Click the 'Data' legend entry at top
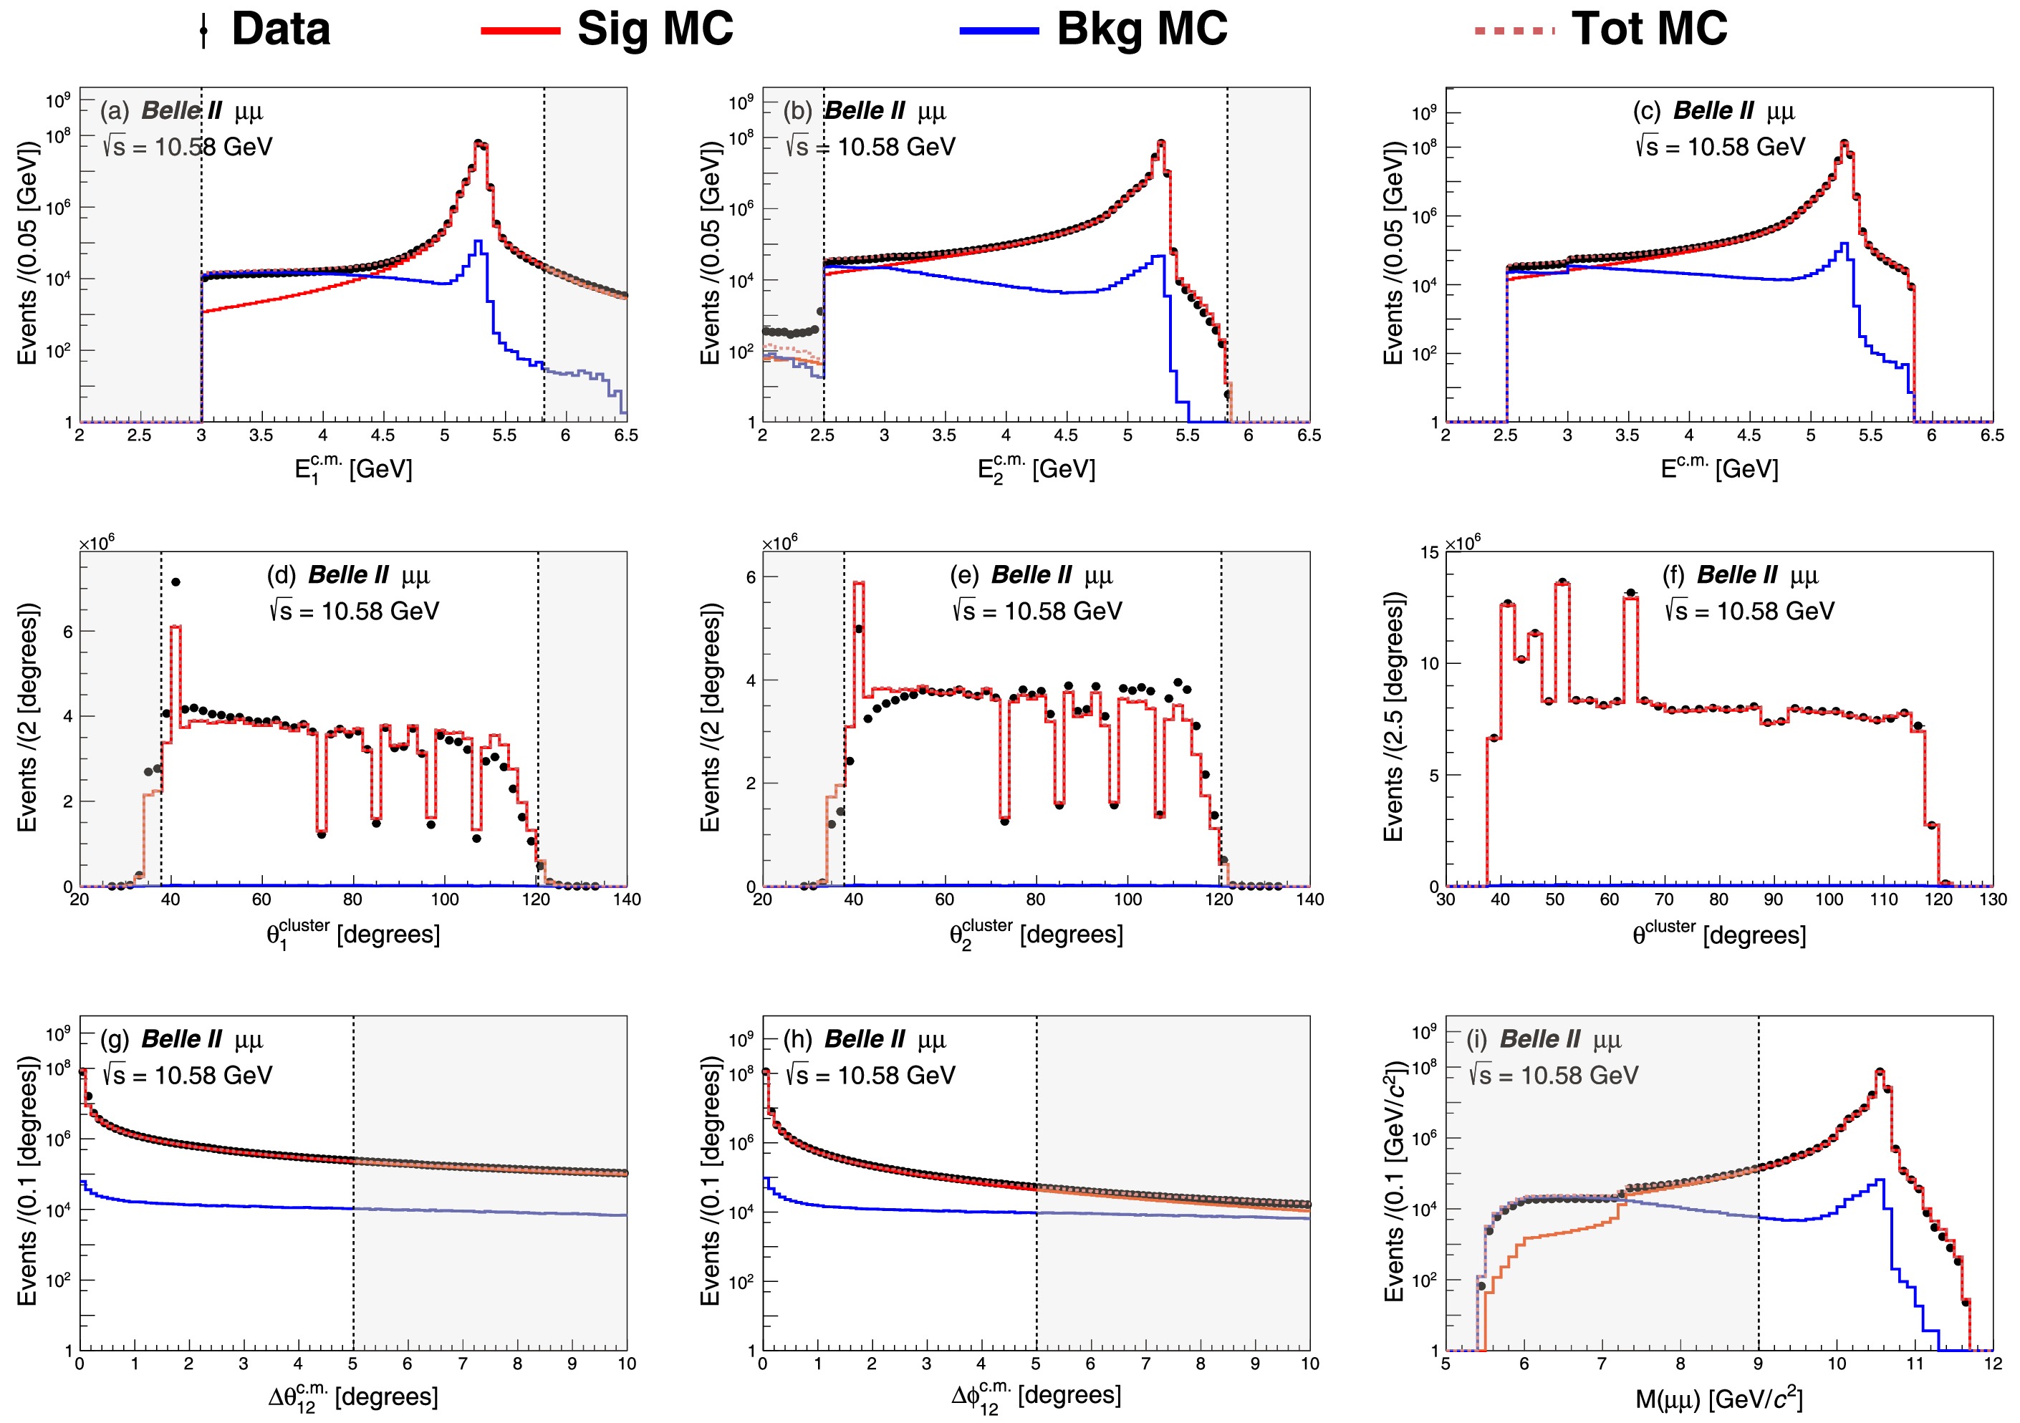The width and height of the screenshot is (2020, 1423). click(x=280, y=29)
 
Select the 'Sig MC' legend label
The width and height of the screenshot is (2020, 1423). click(x=655, y=29)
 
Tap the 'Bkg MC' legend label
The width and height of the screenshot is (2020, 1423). click(x=1141, y=29)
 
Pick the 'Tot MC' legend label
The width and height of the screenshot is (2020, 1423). click(x=1649, y=29)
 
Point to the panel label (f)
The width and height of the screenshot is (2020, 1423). click(x=1673, y=575)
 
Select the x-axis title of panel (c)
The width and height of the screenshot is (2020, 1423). click(x=1719, y=468)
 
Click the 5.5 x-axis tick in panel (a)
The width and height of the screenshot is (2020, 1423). click(x=504, y=435)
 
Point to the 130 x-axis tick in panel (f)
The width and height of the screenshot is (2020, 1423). click(x=1993, y=899)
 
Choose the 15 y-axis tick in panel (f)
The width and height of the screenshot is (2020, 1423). click(x=1429, y=552)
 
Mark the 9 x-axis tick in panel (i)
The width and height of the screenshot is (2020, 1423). click(x=1758, y=1364)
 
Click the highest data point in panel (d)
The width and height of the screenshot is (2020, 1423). click(x=176, y=582)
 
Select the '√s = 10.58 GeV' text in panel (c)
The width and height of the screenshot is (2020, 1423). click(x=1720, y=147)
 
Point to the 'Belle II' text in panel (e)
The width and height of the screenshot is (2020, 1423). click(x=1030, y=575)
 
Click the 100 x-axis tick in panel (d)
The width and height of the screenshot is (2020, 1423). click(x=444, y=899)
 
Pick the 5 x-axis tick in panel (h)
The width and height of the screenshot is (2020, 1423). click(x=1036, y=1364)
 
